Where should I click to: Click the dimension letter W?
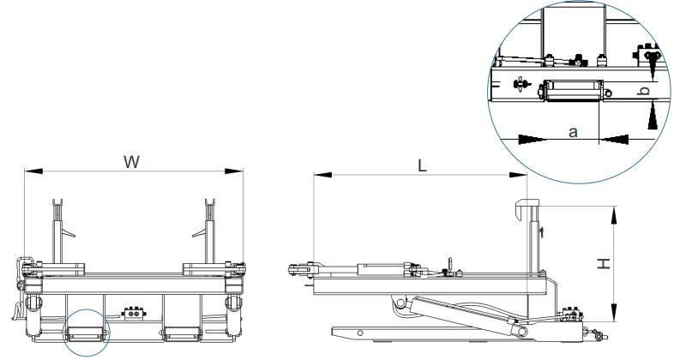click(x=131, y=162)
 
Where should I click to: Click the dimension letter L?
click(x=422, y=165)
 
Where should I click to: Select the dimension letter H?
click(x=604, y=263)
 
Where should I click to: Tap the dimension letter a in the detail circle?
click(x=573, y=132)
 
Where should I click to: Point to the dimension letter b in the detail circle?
click(x=645, y=91)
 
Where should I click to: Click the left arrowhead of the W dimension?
click(x=33, y=171)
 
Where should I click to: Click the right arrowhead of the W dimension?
click(x=234, y=171)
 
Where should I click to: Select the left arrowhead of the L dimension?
click(x=322, y=175)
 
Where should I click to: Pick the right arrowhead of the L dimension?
click(x=518, y=175)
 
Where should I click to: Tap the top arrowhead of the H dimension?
click(x=614, y=215)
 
